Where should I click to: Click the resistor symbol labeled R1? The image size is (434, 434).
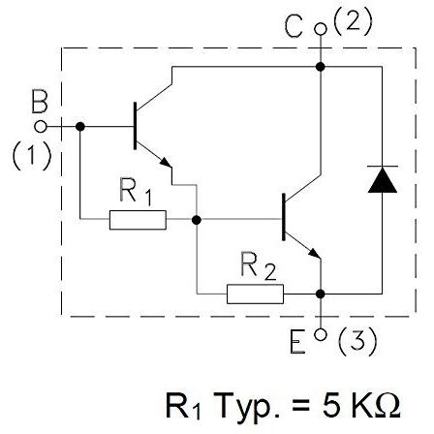[x=138, y=220]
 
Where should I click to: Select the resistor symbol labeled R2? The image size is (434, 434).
[x=255, y=294]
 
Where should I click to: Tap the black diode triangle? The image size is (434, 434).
[x=383, y=180]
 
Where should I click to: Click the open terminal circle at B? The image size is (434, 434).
[x=41, y=127]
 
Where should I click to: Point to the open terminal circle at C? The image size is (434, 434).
[x=321, y=29]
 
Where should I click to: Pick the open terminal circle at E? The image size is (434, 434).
[x=321, y=334]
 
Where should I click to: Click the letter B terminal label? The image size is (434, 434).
[x=40, y=102]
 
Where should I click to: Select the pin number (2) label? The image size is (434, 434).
[x=353, y=21]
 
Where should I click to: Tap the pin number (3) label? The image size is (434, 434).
[x=357, y=341]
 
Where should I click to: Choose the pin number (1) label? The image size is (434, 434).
[x=32, y=156]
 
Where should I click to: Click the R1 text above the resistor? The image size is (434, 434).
[x=136, y=191]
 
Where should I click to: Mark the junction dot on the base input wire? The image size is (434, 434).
[x=80, y=127]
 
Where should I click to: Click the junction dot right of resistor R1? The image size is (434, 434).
[x=197, y=220]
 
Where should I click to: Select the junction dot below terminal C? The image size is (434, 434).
[x=321, y=67]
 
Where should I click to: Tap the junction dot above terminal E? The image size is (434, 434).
[x=321, y=294]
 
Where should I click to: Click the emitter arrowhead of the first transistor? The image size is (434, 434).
[x=166, y=162]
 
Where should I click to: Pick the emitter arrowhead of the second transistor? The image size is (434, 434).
[x=314, y=253]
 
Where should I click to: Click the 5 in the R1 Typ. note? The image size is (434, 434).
[x=330, y=404]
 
